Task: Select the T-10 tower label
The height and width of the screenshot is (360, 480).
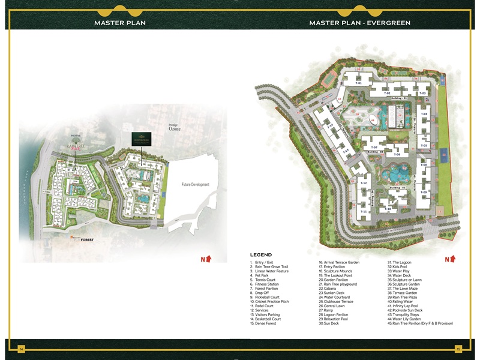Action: (x=388, y=208)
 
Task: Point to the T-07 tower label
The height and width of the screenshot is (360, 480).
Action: (x=374, y=147)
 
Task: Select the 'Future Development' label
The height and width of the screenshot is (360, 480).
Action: (x=196, y=185)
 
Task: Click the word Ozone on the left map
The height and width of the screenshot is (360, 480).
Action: (x=174, y=129)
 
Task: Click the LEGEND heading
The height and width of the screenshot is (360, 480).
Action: (x=261, y=255)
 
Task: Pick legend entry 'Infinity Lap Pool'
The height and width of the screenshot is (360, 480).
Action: (x=406, y=306)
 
